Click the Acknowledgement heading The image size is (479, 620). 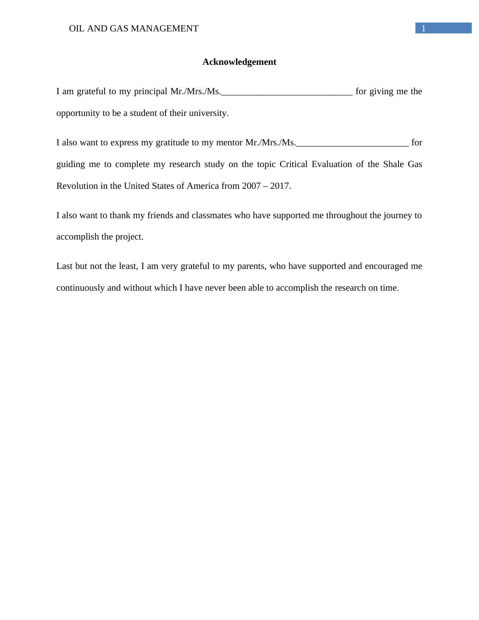[239, 62]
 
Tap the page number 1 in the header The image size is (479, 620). [423, 29]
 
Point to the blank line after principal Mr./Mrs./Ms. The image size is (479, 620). [287, 93]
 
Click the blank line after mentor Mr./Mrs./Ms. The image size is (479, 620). [353, 144]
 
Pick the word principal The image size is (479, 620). [151, 92]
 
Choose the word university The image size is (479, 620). [209, 113]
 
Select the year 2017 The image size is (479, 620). [280, 186]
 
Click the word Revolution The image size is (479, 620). [76, 186]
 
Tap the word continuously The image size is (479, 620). [81, 288]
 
